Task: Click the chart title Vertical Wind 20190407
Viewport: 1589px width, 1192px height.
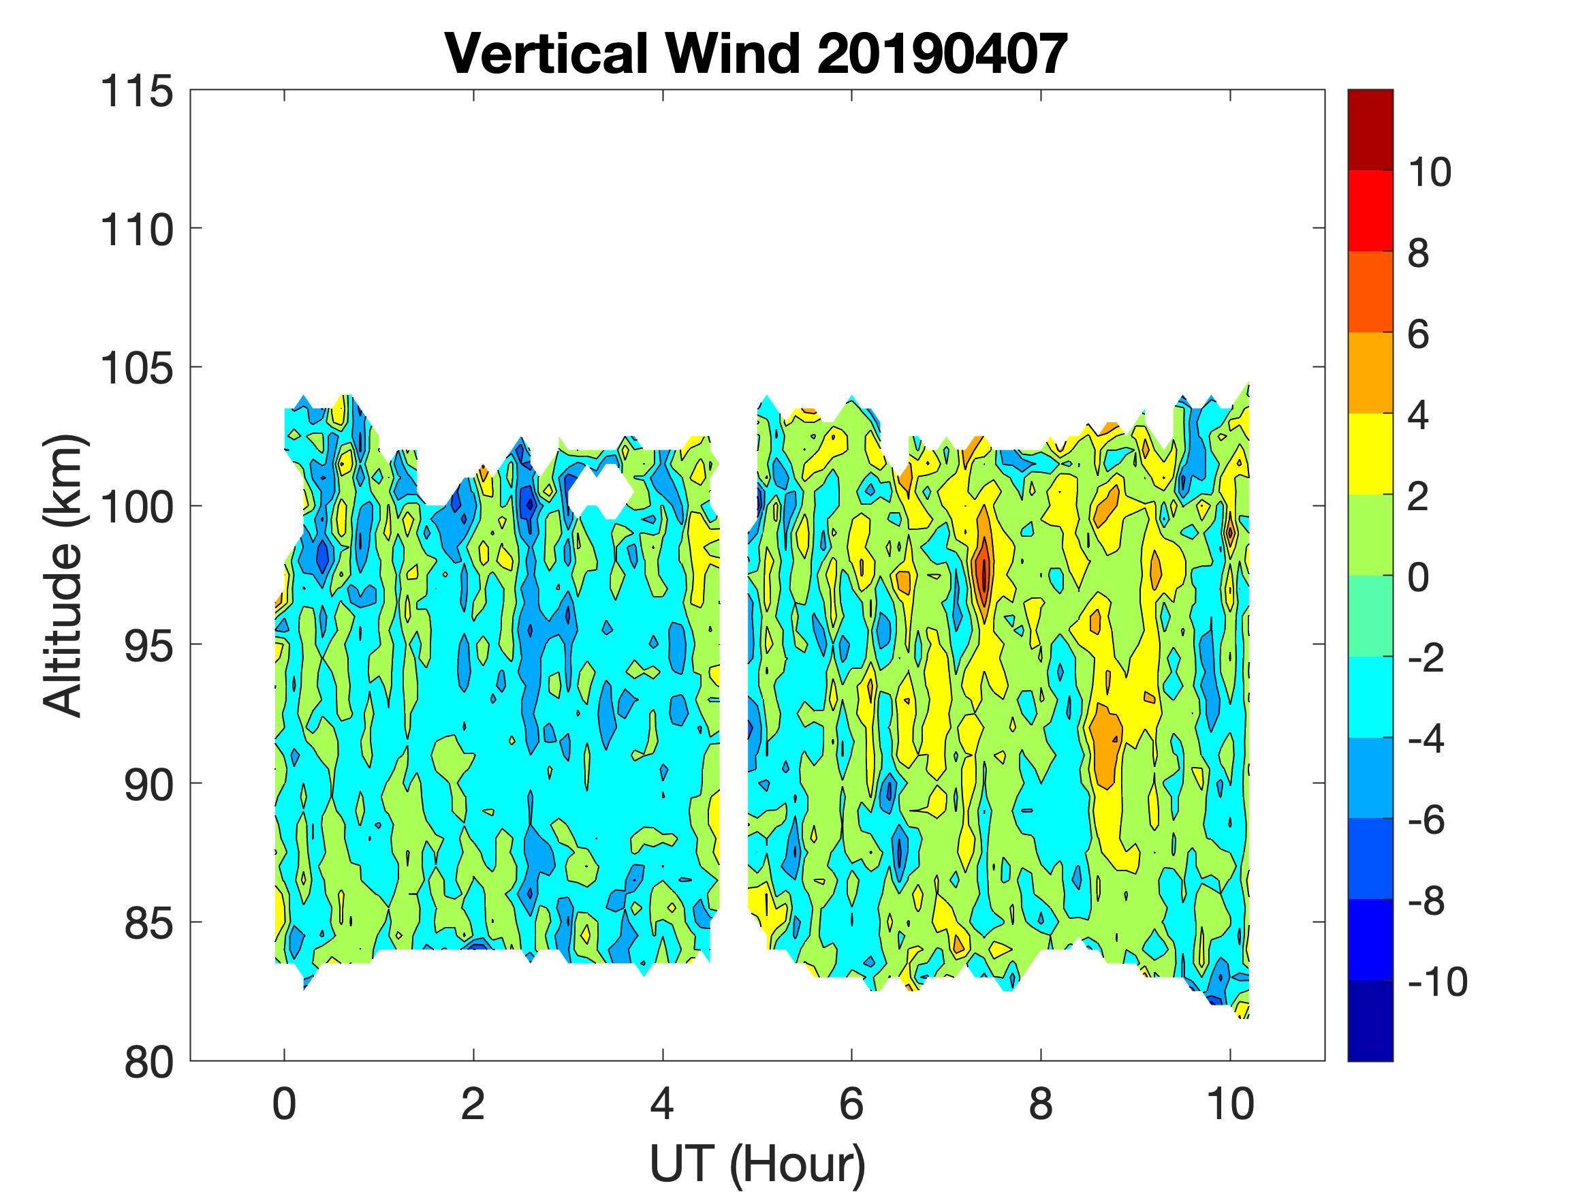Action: pos(756,54)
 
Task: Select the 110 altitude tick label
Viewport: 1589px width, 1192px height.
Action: pos(136,231)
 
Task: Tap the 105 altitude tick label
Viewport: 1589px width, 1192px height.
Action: pos(136,369)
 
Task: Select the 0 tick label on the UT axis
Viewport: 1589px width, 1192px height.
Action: pos(285,1104)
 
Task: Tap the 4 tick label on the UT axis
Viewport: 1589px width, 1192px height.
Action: pos(662,1104)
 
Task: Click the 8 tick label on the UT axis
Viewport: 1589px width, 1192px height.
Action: pos(1041,1104)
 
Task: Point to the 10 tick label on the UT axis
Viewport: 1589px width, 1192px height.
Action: pos(1231,1104)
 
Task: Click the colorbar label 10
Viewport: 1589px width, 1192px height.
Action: pos(1430,172)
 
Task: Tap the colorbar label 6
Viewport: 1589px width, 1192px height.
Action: pos(1418,335)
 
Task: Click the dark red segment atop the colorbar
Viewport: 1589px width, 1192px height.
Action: pos(1370,129)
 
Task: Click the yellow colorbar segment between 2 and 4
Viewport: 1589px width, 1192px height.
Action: pos(1370,454)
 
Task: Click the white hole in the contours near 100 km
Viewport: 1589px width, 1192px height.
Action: pos(600,490)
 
